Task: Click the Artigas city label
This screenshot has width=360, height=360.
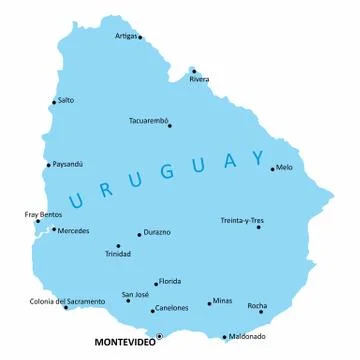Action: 126,35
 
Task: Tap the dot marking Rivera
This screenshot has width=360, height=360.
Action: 194,71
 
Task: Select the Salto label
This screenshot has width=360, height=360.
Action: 66,100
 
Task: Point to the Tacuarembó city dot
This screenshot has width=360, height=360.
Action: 170,126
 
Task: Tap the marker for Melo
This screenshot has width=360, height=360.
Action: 272,169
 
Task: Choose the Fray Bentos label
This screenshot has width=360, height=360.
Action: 43,214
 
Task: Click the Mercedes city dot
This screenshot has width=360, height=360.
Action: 54,230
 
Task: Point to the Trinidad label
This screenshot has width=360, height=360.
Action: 118,254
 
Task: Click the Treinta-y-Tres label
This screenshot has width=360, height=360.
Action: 242,220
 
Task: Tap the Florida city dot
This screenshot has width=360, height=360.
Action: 157,283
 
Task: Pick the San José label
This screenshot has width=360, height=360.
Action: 136,294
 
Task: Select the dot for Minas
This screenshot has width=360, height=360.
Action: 210,303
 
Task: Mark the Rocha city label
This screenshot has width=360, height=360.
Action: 257,305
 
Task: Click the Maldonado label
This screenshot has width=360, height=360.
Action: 247,336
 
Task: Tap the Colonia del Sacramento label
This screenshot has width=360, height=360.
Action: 67,301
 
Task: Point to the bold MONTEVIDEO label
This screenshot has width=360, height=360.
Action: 124,342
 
